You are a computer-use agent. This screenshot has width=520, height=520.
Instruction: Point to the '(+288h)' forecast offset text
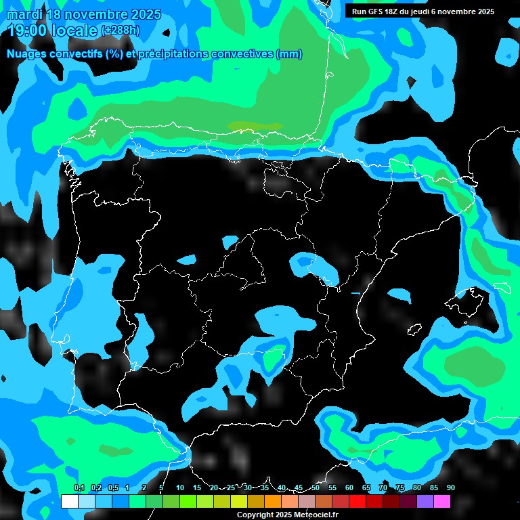(x=121, y=30)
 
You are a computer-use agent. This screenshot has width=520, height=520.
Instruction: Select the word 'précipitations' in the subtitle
(x=173, y=54)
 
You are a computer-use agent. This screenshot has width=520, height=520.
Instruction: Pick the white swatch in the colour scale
(x=70, y=501)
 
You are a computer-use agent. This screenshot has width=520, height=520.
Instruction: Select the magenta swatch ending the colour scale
(x=442, y=501)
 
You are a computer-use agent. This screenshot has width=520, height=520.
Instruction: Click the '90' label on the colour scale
(x=450, y=488)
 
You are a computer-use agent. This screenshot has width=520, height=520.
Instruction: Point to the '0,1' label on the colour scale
(x=79, y=488)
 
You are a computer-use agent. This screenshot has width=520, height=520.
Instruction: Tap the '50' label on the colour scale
(x=316, y=488)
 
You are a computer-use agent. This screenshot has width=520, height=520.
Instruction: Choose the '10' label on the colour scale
(x=180, y=488)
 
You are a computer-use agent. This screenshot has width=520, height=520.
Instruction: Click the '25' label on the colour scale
(x=231, y=488)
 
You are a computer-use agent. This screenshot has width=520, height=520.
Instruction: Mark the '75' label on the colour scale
(x=400, y=488)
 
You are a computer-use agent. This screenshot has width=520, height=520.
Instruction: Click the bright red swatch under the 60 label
(x=357, y=501)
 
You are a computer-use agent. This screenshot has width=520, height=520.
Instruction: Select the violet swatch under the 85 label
(x=425, y=501)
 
